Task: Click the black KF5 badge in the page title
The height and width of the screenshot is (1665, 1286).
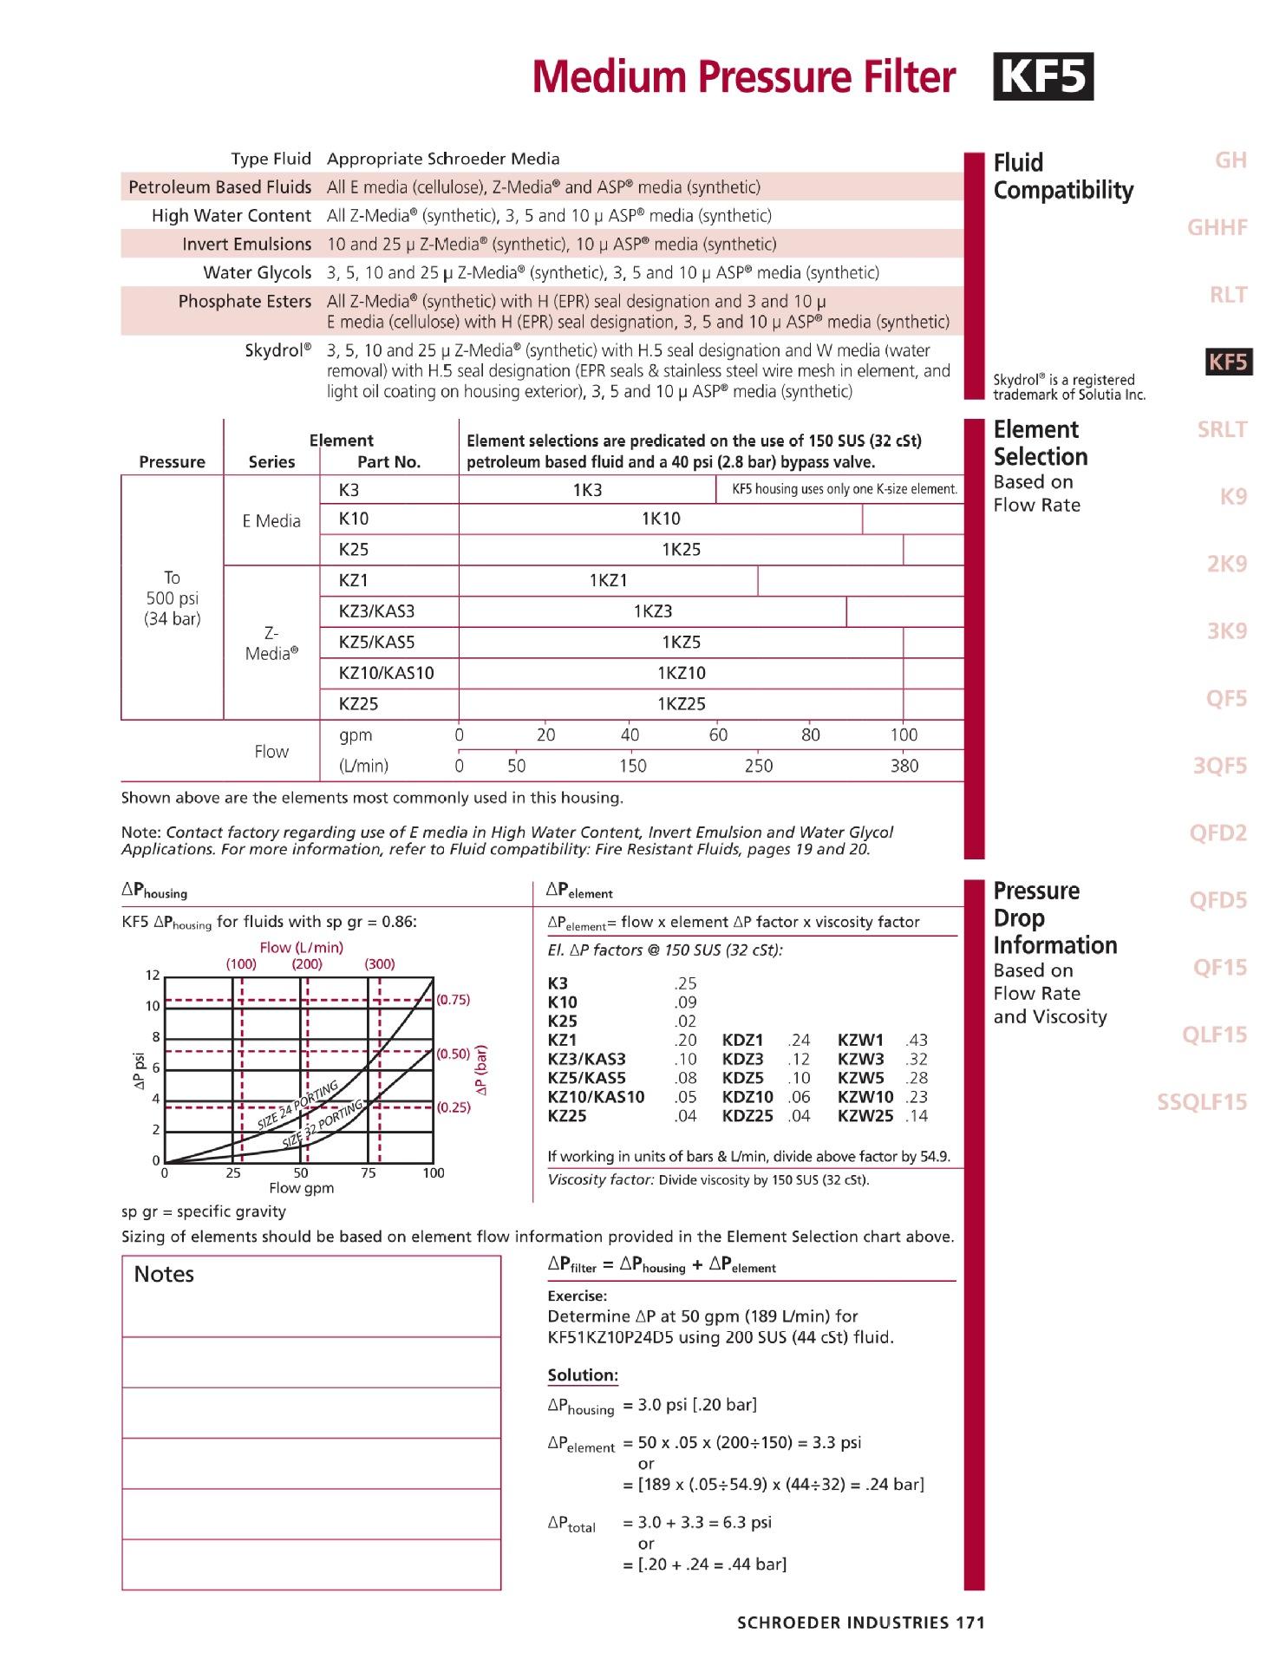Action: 1042,77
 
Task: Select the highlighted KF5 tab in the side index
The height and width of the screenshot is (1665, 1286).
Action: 1229,362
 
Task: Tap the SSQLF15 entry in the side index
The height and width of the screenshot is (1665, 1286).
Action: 1202,1102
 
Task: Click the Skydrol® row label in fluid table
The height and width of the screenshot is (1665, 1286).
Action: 277,351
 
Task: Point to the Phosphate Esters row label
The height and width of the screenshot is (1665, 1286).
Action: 245,302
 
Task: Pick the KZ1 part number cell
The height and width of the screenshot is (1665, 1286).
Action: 354,580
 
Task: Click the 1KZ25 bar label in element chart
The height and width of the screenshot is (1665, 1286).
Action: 681,704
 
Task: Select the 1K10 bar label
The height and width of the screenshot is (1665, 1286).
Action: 661,519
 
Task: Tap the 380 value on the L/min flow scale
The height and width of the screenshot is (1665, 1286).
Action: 904,766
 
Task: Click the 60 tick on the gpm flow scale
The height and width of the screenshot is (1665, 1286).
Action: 718,735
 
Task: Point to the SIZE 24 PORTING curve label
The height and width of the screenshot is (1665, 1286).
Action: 297,1107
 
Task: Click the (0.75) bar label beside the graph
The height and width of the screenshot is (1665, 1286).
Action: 453,999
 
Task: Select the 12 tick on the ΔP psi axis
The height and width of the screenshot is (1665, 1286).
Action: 153,976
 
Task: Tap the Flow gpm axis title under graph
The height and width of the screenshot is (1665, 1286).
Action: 301,1188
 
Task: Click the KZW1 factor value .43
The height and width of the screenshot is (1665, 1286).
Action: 916,1040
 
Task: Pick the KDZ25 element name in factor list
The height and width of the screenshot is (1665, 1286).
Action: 747,1116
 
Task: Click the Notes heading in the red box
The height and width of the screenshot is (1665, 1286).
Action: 164,1274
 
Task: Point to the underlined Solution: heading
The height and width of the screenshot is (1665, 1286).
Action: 583,1374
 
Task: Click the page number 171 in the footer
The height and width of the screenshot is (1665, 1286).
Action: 969,1623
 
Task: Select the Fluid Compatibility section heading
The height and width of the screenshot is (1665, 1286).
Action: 1063,176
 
